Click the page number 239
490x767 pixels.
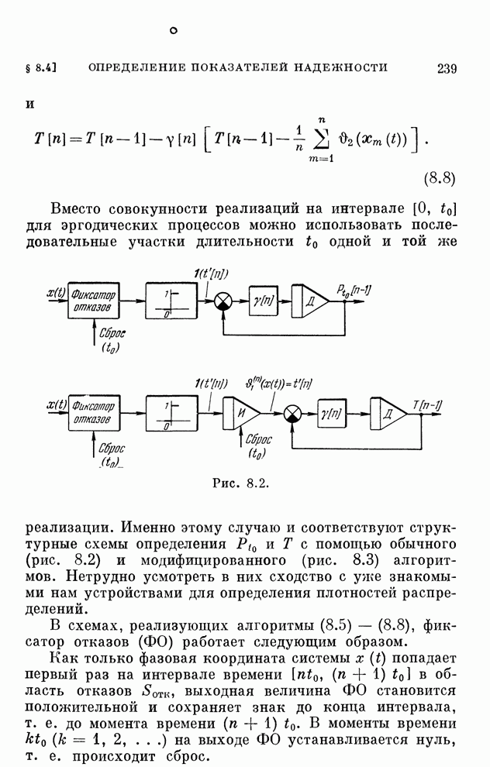[447, 68]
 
